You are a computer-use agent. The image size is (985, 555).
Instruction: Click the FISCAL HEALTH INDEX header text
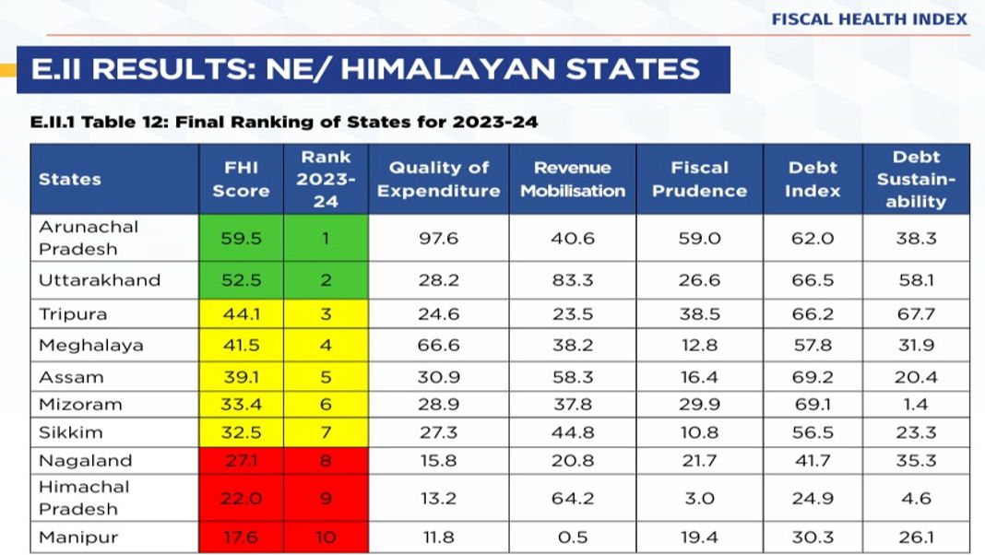(x=869, y=18)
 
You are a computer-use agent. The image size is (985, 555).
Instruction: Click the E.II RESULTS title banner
(x=365, y=69)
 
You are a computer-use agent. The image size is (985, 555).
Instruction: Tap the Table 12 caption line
(x=284, y=122)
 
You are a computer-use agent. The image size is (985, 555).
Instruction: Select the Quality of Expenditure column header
(x=438, y=179)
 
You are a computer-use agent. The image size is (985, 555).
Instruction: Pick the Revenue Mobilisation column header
(x=573, y=179)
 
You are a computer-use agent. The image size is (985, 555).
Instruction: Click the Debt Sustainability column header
(x=916, y=179)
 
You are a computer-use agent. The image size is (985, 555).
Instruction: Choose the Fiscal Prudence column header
(x=700, y=179)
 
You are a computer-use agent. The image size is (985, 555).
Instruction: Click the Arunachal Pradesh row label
(x=89, y=238)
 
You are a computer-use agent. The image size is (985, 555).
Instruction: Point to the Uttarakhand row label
(x=100, y=279)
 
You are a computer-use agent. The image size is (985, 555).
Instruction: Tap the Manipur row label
(x=78, y=537)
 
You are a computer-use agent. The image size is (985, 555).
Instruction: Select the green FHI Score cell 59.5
(x=242, y=238)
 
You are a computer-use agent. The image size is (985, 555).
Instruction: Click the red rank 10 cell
(x=326, y=537)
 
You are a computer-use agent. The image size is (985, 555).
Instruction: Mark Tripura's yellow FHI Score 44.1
(x=242, y=314)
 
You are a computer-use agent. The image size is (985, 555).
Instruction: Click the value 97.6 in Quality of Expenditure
(x=438, y=238)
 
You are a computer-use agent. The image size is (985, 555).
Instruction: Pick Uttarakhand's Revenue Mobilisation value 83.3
(x=573, y=279)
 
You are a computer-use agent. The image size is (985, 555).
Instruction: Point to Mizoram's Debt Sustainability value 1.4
(x=916, y=404)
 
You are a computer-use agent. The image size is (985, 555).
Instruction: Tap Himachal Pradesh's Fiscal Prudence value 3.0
(x=700, y=498)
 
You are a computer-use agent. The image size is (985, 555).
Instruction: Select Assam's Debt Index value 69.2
(x=813, y=377)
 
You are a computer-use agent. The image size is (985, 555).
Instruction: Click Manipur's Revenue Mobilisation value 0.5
(x=573, y=537)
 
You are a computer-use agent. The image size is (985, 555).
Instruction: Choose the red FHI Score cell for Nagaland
(x=242, y=460)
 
